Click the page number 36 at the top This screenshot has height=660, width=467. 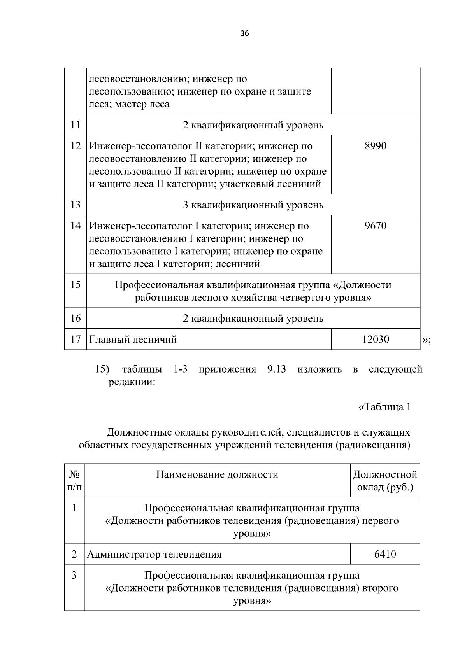[x=244, y=34]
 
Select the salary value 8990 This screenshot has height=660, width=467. [x=375, y=146]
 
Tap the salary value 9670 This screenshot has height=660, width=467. [x=375, y=226]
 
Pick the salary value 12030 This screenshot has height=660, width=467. [x=375, y=340]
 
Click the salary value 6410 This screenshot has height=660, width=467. [x=385, y=554]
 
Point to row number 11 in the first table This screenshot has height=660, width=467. [x=75, y=125]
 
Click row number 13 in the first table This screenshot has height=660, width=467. [x=75, y=205]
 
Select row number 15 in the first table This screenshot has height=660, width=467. [x=75, y=285]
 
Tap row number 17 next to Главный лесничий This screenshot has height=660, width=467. [x=75, y=340]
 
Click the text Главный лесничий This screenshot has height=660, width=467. [x=133, y=340]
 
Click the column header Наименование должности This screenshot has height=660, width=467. [x=217, y=474]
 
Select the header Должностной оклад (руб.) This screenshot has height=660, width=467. [x=385, y=481]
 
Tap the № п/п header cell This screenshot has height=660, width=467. [x=74, y=481]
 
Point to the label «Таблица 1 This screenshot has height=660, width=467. [x=384, y=407]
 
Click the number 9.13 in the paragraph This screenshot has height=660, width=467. [x=276, y=369]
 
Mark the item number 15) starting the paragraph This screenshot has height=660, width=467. [x=103, y=369]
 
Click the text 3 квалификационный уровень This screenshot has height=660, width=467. [x=253, y=205]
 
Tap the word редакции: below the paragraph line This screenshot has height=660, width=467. [x=132, y=382]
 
